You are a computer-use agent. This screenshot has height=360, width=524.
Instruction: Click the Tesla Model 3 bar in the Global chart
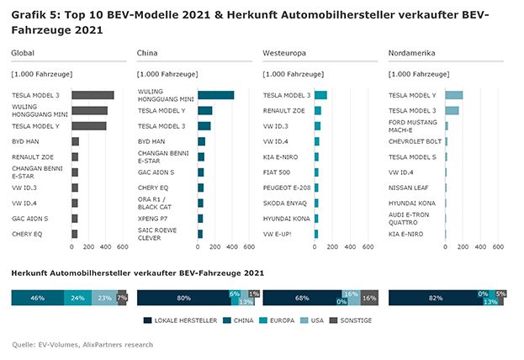click(x=93, y=95)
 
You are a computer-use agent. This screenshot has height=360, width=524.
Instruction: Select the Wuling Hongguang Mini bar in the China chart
click(x=215, y=95)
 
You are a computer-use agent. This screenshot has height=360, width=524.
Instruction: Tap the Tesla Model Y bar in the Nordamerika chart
click(x=454, y=95)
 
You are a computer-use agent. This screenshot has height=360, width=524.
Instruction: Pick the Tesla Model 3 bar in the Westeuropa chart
click(x=320, y=95)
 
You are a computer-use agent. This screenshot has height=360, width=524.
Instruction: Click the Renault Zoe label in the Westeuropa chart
click(x=283, y=110)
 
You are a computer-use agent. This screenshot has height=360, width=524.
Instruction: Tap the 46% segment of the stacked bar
click(x=37, y=298)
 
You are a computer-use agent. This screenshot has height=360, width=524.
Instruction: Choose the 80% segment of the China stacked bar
click(x=182, y=298)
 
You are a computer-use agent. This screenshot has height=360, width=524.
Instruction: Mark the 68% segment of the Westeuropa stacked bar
click(x=302, y=298)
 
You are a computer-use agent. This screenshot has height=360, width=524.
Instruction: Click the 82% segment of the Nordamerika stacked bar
click(x=434, y=298)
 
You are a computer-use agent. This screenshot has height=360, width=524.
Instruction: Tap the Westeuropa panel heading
click(x=281, y=54)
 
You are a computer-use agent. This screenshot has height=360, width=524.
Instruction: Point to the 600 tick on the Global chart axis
click(x=122, y=247)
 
